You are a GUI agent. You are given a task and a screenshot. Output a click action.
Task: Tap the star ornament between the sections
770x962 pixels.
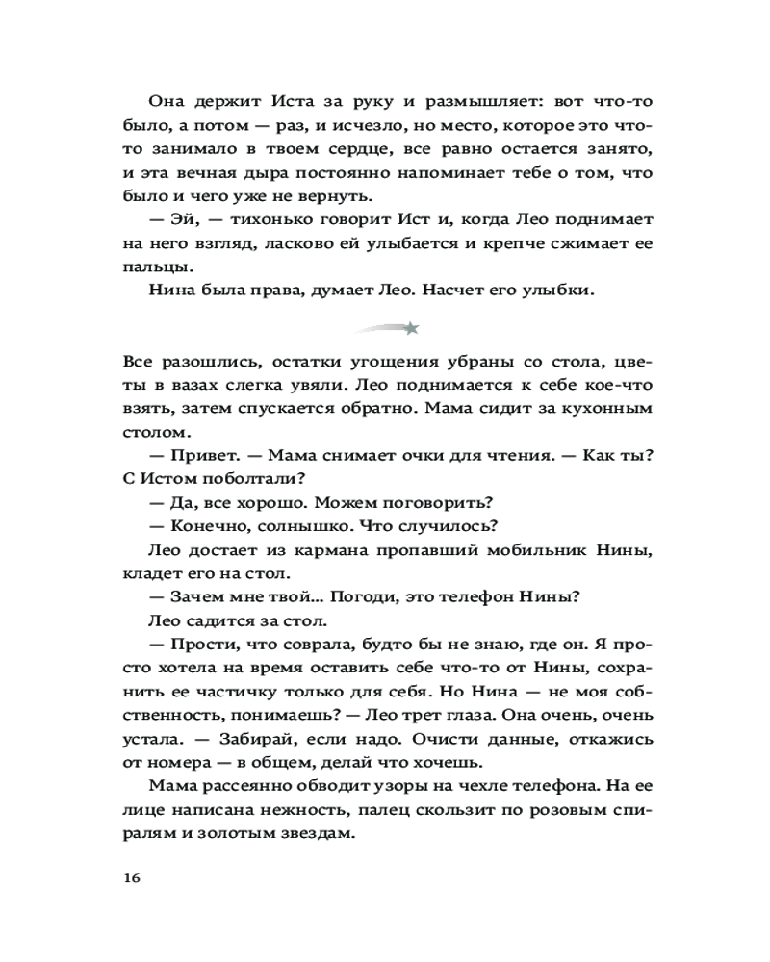[x=411, y=329]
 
